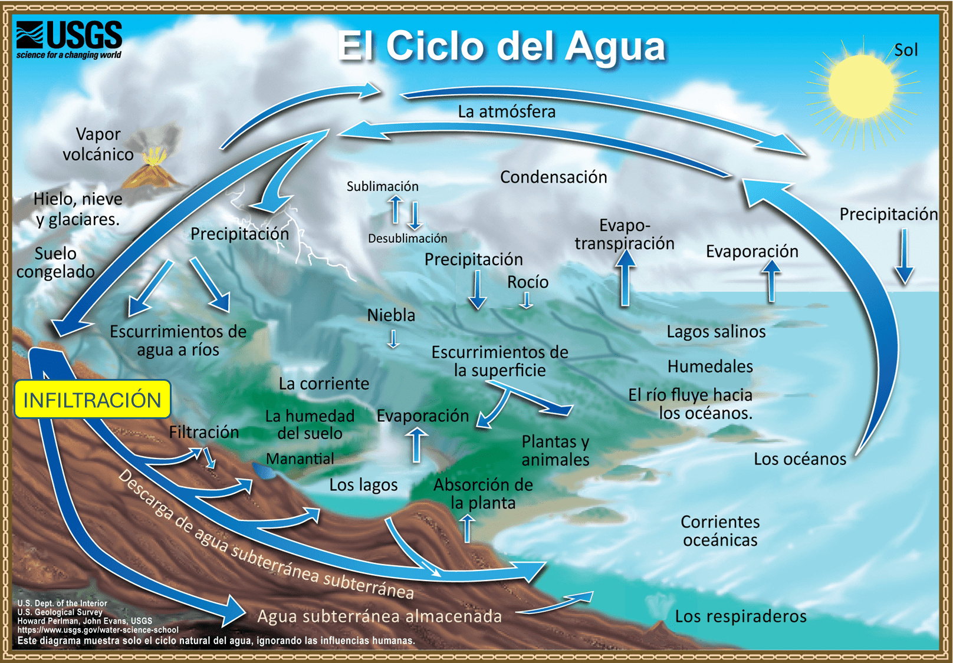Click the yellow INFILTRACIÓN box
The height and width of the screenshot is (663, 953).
pos(93,400)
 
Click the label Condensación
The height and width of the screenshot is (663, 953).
pos(553,177)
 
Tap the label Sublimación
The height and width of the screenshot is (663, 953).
pos(382,186)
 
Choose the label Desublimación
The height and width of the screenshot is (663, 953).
pos(408,238)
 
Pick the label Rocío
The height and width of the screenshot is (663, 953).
pos(528,282)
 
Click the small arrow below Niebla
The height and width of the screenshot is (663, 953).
pos(393,339)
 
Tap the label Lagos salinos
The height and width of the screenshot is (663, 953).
pos(716,332)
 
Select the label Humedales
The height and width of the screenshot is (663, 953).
pos(710,367)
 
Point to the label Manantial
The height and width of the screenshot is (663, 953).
pos(300,459)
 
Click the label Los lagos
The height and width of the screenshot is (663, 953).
pos(363,485)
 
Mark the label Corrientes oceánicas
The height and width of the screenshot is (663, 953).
pos(720,530)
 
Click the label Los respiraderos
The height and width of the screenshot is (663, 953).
pos(740,616)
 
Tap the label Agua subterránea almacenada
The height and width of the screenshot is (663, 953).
pos(379,616)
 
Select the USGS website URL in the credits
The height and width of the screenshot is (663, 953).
pos(98,630)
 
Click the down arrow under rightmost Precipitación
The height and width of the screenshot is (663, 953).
pos(904,257)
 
